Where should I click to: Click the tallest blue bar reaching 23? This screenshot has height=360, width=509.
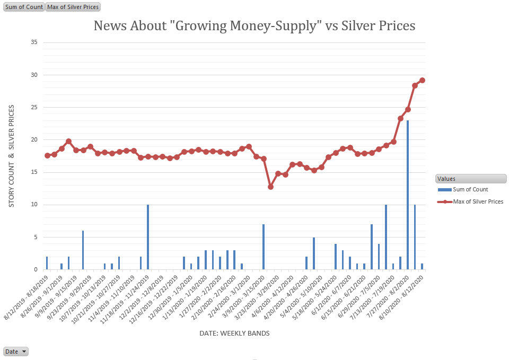click(x=408, y=196)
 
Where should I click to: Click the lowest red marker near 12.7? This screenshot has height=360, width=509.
click(x=271, y=187)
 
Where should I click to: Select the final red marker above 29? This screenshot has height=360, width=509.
click(x=422, y=81)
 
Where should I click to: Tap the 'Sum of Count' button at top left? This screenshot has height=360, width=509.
click(x=24, y=7)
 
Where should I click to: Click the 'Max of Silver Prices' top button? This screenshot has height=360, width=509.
click(x=73, y=7)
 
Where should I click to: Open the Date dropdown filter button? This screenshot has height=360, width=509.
click(x=16, y=352)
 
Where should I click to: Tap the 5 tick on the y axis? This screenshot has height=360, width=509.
click(x=35, y=237)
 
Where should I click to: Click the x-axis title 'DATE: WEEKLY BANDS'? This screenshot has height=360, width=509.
click(x=234, y=333)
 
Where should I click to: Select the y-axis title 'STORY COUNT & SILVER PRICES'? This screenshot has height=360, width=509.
click(x=12, y=156)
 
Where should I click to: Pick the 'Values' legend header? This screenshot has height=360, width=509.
click(x=446, y=179)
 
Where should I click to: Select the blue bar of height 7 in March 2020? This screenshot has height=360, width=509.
click(x=264, y=247)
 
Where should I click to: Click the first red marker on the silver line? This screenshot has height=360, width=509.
click(x=47, y=155)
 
